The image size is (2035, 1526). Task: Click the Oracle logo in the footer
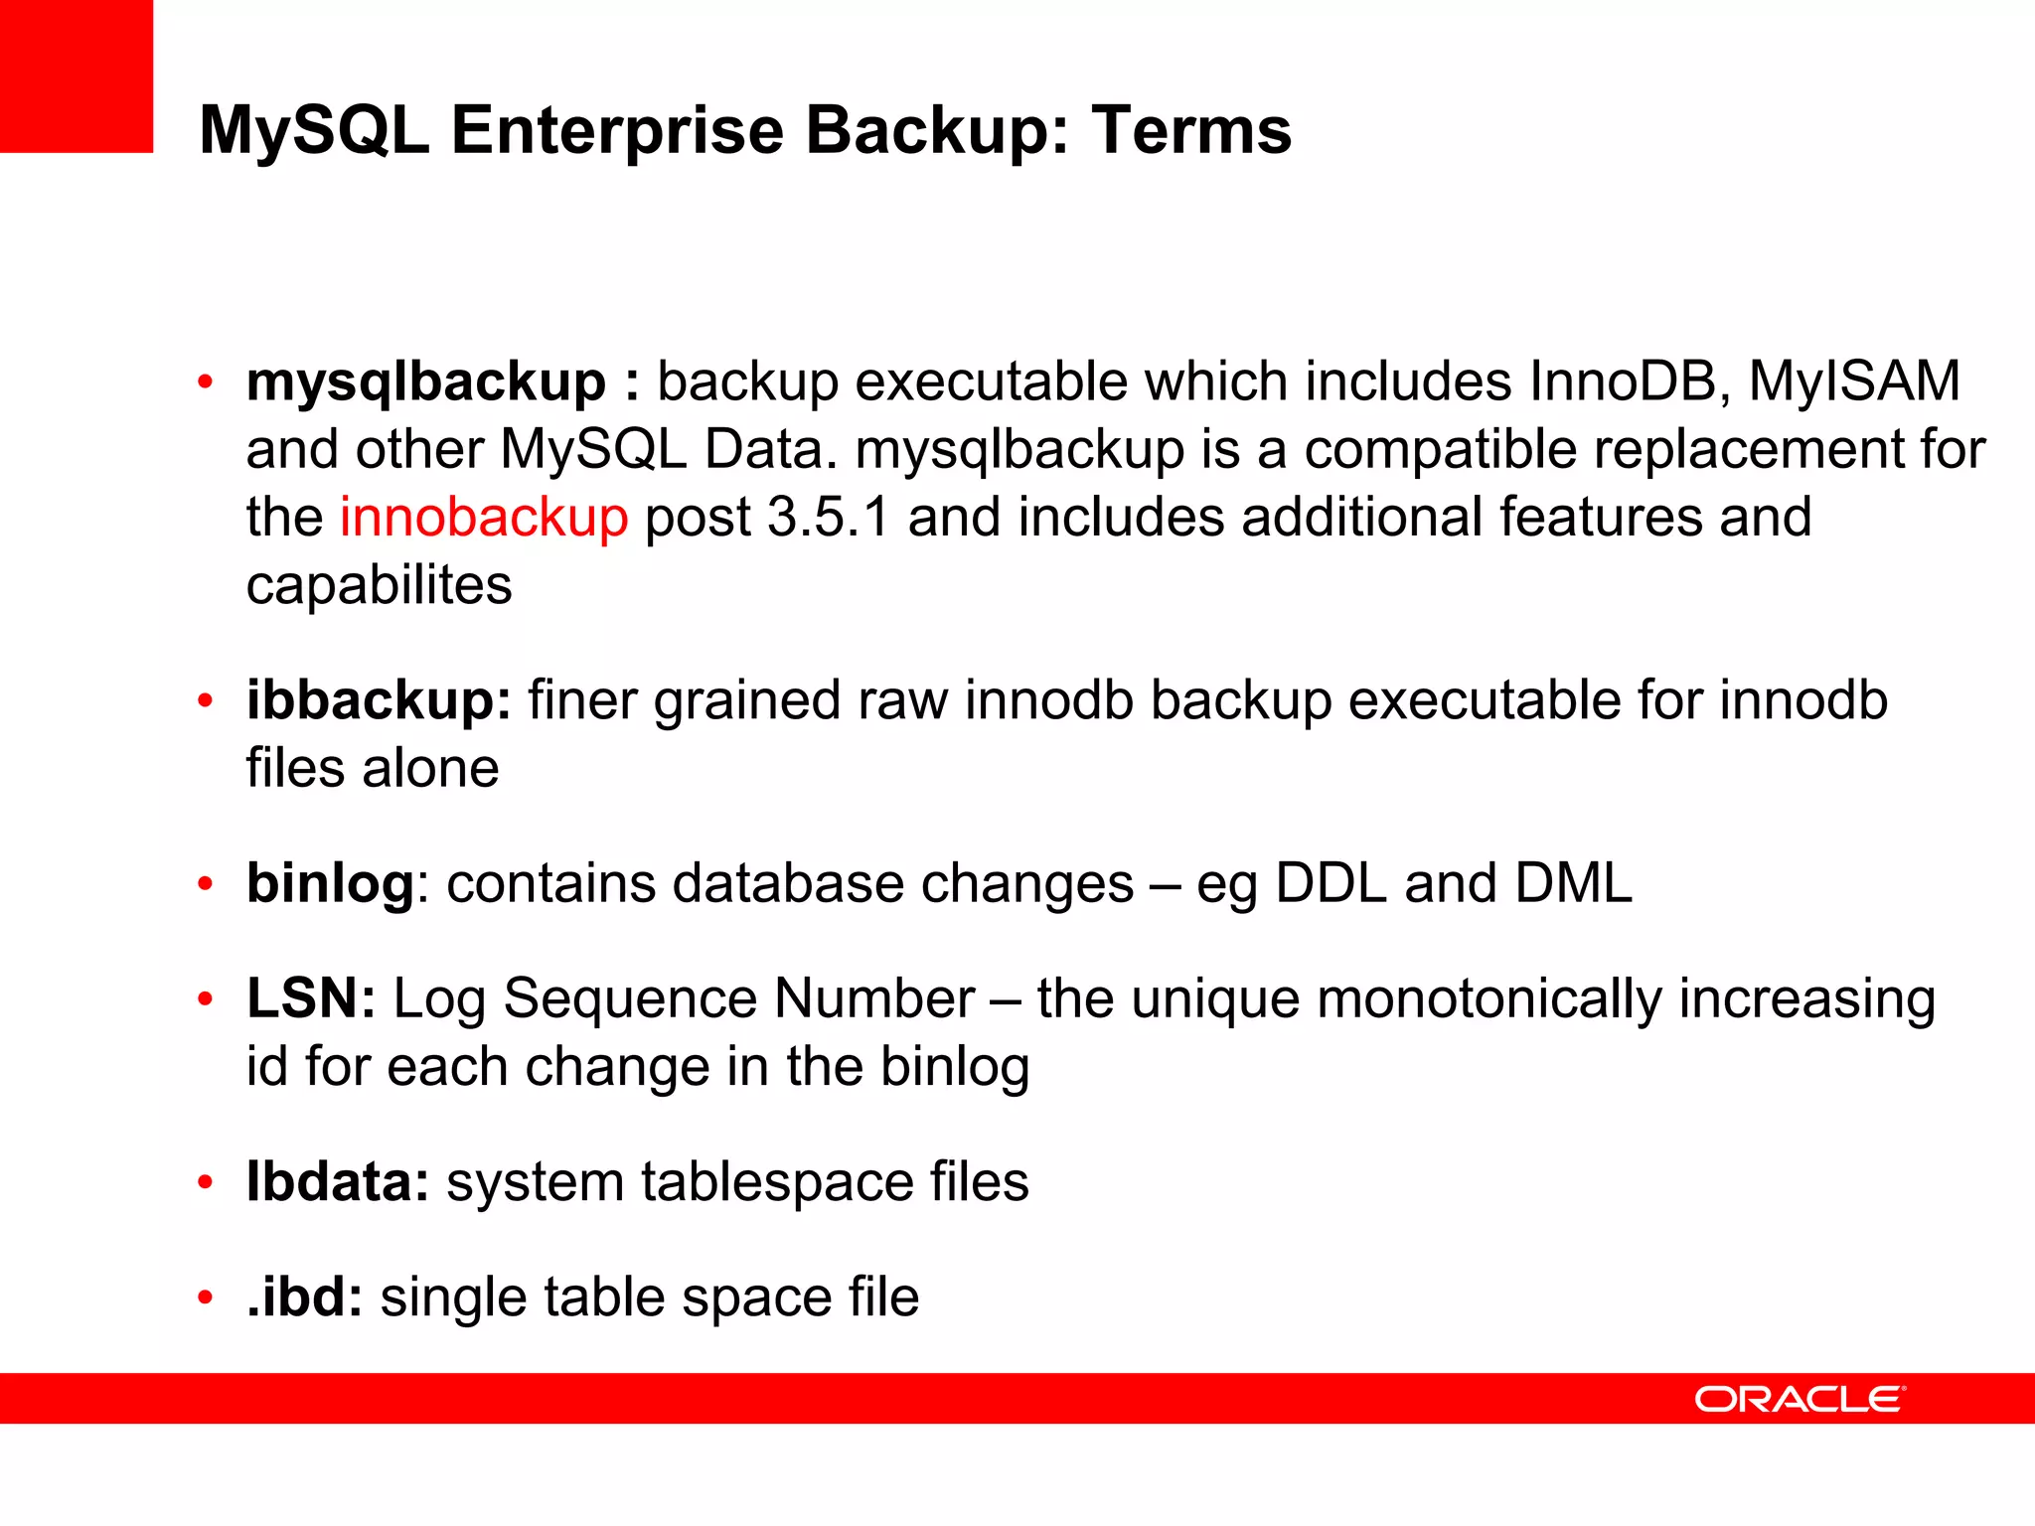click(1800, 1399)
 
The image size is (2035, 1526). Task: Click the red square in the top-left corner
click(77, 76)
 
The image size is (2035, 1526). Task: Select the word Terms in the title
click(1191, 130)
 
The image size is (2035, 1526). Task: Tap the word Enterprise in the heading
click(617, 130)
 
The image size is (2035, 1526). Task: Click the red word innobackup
click(484, 518)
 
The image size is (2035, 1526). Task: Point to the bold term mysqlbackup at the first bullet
click(425, 382)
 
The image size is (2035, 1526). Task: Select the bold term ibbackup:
click(379, 700)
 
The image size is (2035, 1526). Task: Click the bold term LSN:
click(311, 998)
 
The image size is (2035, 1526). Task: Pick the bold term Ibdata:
click(338, 1182)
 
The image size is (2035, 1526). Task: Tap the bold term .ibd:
click(305, 1297)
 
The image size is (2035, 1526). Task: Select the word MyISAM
click(1854, 382)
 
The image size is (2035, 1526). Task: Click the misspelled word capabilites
click(379, 585)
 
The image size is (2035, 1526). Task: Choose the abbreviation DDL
click(1331, 883)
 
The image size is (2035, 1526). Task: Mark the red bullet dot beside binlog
click(206, 883)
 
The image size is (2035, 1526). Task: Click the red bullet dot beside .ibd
click(206, 1297)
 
